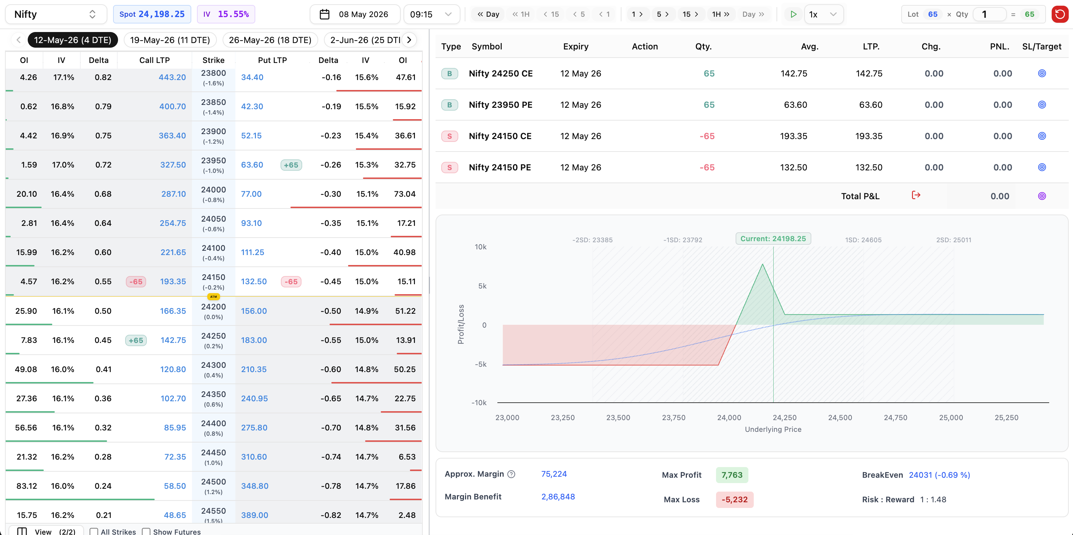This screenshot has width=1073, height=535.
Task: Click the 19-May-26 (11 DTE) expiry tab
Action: (x=170, y=40)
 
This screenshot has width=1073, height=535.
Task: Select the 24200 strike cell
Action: (x=213, y=311)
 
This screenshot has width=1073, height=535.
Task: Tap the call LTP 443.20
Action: (x=172, y=77)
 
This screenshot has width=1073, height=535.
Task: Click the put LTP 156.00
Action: (x=253, y=311)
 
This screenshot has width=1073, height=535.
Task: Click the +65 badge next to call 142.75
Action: (x=136, y=340)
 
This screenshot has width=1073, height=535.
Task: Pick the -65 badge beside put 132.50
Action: (x=291, y=282)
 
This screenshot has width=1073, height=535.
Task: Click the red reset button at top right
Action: (x=1060, y=14)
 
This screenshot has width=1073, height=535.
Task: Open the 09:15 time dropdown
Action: (x=432, y=14)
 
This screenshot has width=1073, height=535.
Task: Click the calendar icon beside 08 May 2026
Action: (x=325, y=14)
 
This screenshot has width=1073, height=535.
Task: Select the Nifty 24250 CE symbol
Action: (x=501, y=73)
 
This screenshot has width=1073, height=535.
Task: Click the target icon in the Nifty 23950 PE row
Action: (x=1042, y=105)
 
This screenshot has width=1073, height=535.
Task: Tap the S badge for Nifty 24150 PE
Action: (x=449, y=167)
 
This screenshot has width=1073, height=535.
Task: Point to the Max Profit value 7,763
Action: (x=732, y=475)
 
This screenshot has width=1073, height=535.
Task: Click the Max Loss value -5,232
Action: (x=735, y=499)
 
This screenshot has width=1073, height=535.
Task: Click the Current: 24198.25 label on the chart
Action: (x=773, y=238)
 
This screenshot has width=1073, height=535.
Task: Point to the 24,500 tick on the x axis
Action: (x=840, y=417)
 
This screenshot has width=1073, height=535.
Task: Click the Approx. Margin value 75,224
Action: (x=554, y=474)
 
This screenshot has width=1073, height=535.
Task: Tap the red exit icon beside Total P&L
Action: (x=916, y=195)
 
